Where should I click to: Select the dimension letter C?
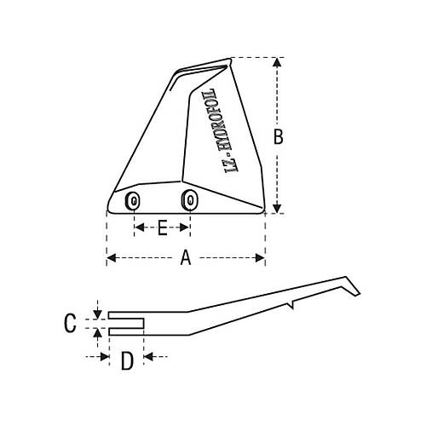(72, 322)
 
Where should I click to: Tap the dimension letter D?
(126, 361)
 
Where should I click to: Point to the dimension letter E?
(162, 227)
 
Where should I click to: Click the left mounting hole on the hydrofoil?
(133, 201)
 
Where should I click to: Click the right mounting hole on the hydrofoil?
(189, 200)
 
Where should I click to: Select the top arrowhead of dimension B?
(276, 62)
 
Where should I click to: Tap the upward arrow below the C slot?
(100, 335)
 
